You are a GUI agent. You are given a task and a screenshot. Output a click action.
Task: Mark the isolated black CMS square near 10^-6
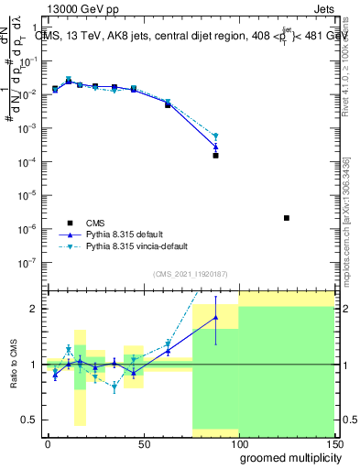(287, 218)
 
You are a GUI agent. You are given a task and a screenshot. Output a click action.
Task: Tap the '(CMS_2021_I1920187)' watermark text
(190, 274)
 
